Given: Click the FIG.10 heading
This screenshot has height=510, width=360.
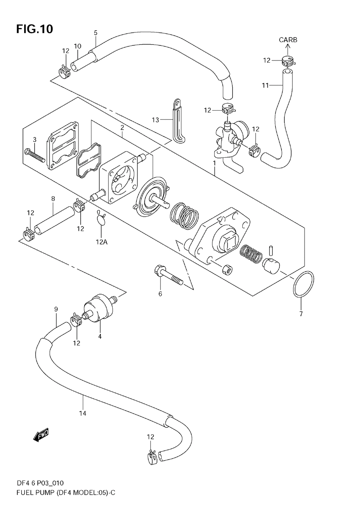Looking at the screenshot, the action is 35,29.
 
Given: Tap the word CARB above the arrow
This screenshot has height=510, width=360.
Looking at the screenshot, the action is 288,40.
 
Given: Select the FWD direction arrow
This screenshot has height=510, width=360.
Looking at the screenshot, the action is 41,435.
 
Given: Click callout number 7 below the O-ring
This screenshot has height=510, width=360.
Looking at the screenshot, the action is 301,314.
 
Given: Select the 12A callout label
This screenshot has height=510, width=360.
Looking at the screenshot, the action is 102,242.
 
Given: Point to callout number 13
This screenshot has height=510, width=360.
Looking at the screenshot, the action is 156,120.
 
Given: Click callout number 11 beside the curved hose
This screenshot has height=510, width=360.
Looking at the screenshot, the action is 265,86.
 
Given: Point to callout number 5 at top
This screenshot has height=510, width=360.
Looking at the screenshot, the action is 95,33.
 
